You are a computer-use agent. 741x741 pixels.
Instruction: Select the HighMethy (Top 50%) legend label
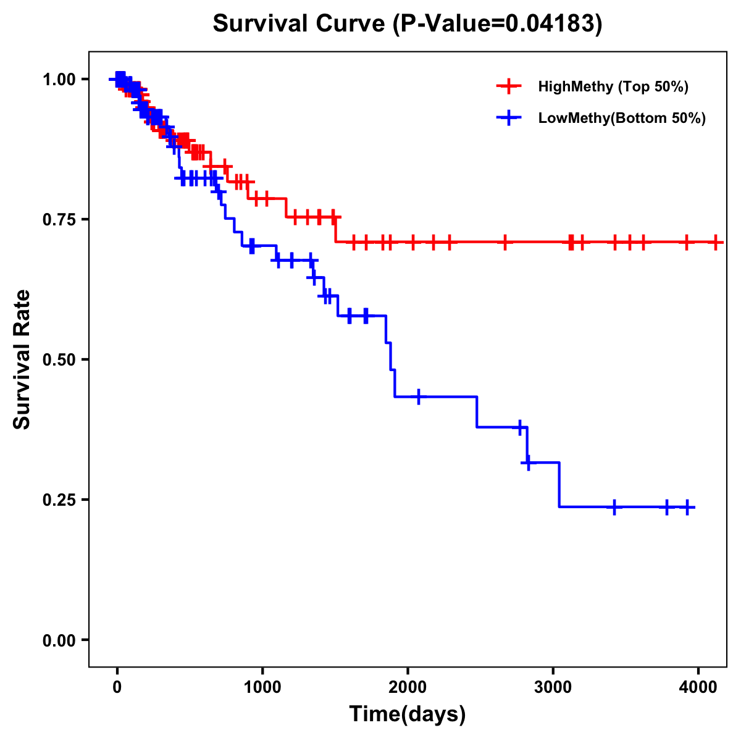click(x=613, y=86)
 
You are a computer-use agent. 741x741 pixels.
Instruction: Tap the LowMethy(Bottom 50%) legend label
click(x=622, y=118)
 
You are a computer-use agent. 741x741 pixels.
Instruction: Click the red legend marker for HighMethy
click(x=509, y=86)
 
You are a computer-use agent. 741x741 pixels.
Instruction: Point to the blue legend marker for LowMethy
click(x=509, y=118)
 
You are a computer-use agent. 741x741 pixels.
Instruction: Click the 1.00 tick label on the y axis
click(x=59, y=79)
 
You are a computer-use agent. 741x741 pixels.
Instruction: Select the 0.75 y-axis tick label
click(x=59, y=219)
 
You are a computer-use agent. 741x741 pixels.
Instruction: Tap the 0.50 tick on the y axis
click(x=59, y=359)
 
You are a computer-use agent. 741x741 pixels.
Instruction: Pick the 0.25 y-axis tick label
click(x=59, y=500)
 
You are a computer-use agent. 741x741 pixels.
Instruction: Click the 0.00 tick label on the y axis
click(x=59, y=640)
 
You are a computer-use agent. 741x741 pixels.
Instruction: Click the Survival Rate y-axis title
click(x=22, y=359)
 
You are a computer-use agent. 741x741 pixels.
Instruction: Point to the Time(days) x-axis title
click(x=408, y=714)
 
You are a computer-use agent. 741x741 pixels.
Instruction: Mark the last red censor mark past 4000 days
click(x=716, y=242)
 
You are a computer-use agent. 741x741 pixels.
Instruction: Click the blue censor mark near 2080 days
click(x=419, y=396)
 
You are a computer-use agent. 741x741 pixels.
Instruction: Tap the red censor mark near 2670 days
click(x=505, y=242)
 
